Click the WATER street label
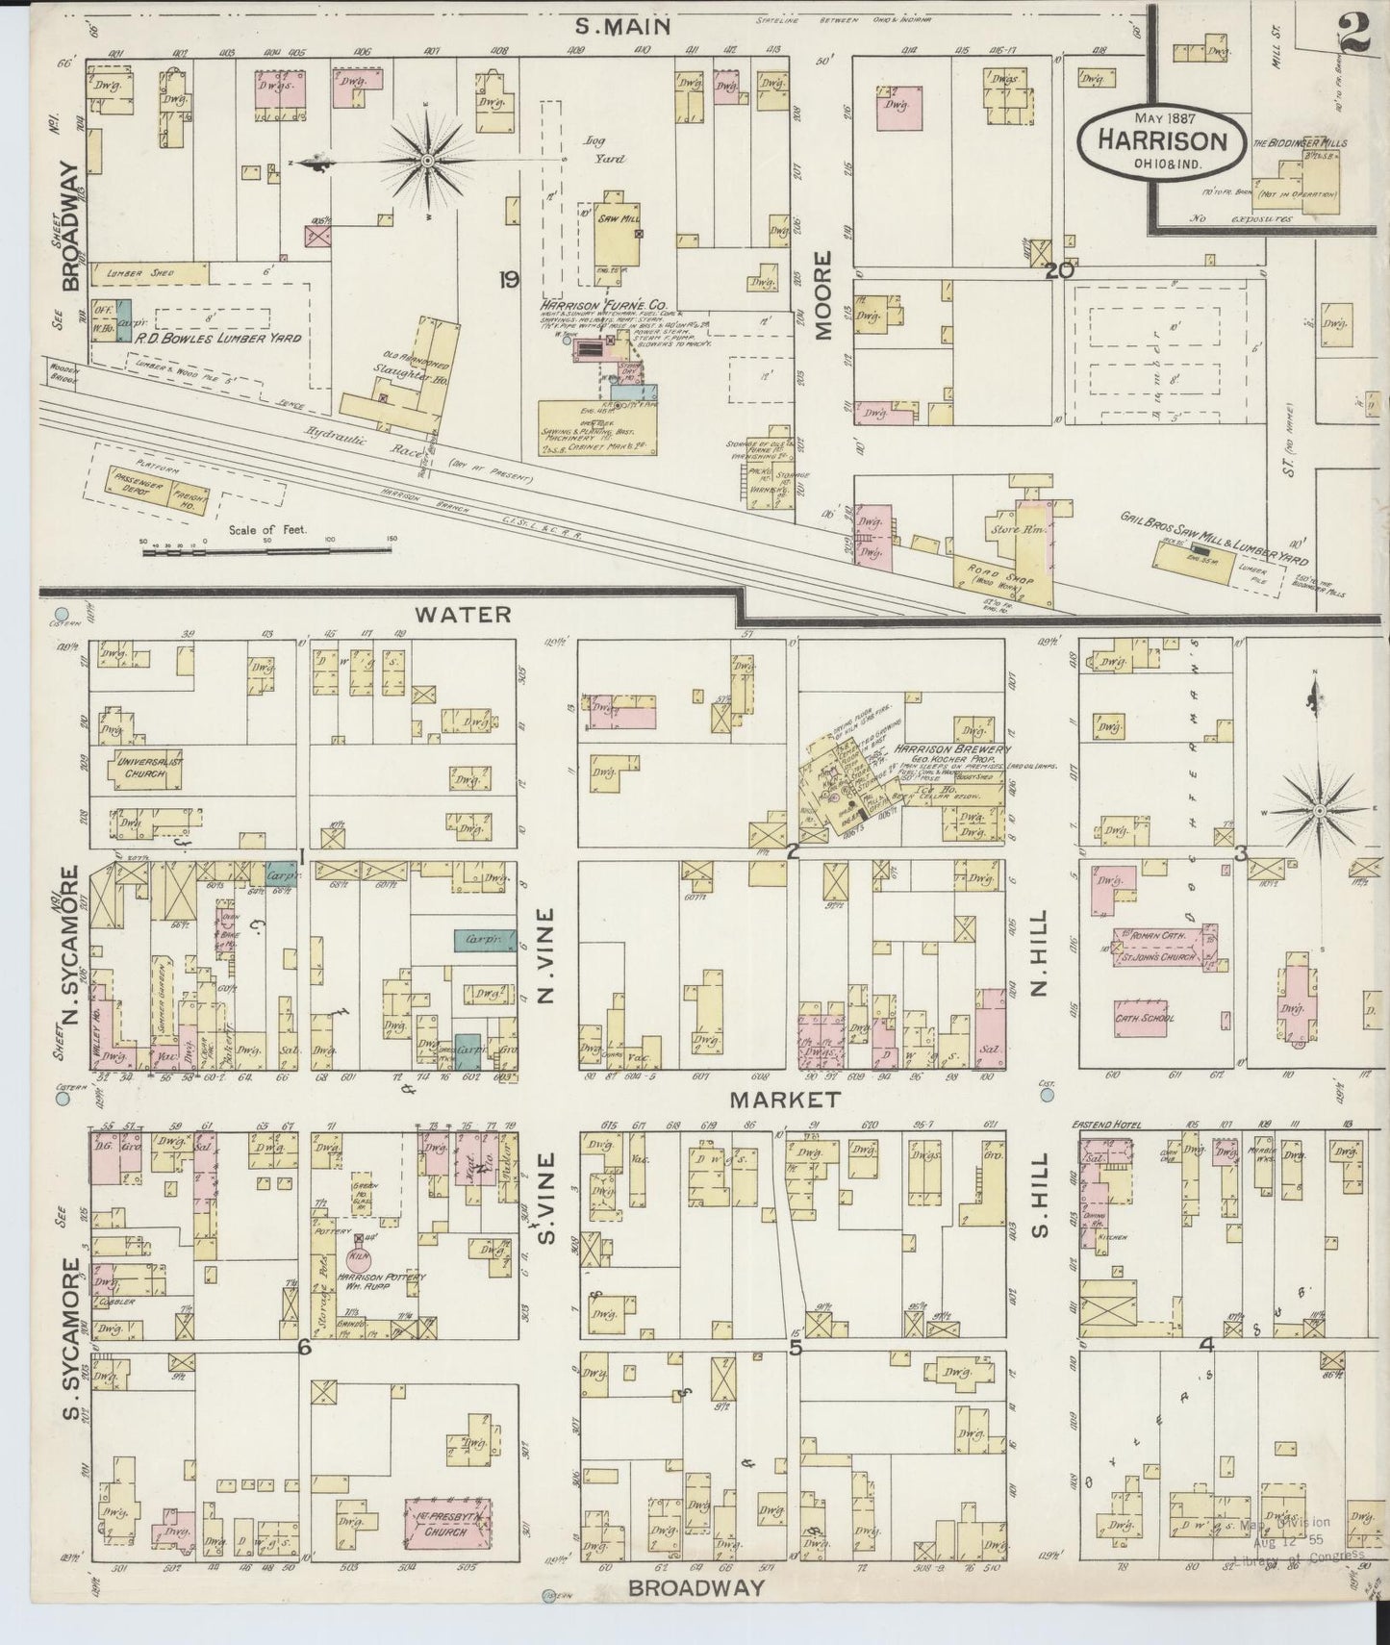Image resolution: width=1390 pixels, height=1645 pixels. [x=465, y=614]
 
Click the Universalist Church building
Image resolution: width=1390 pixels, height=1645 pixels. [x=150, y=766]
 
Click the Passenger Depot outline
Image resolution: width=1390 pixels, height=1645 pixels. [x=134, y=485]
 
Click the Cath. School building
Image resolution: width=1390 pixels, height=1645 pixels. [x=1146, y=1018]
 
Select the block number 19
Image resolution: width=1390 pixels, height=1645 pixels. [x=509, y=280]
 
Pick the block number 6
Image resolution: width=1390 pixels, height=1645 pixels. [x=304, y=1349]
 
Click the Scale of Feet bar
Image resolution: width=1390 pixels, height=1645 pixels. [x=269, y=549]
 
